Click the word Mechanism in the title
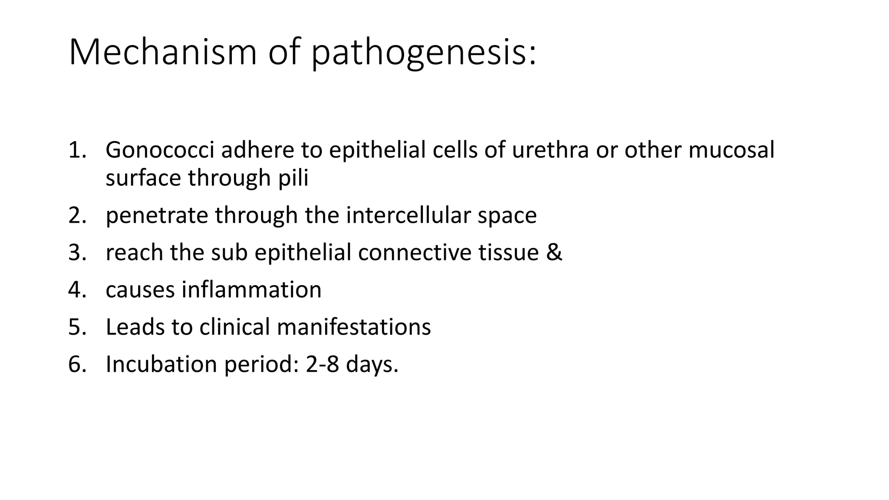[163, 52]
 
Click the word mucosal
[731, 150]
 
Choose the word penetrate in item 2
[157, 215]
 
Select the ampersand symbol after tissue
[554, 253]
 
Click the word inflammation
[251, 290]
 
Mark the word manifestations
[354, 327]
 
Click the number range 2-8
[323, 364]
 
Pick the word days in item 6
[372, 364]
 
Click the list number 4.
[77, 290]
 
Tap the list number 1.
[77, 150]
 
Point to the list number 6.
[77, 364]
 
